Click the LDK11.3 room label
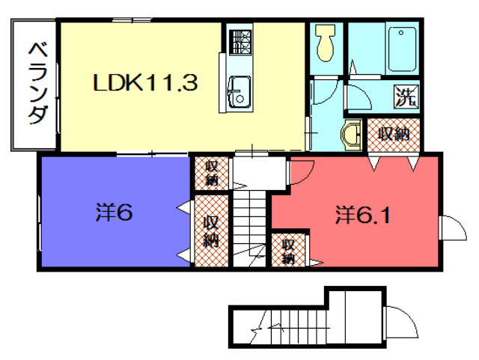click(x=145, y=82)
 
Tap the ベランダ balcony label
click(x=38, y=83)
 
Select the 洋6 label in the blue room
click(x=114, y=213)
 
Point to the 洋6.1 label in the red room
click(x=363, y=215)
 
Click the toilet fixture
click(x=326, y=43)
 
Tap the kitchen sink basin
click(x=239, y=91)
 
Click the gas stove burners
click(x=240, y=43)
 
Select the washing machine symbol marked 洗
click(x=406, y=96)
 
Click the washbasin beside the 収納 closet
click(x=351, y=135)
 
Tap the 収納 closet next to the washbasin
click(x=394, y=135)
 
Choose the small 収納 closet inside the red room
click(x=288, y=250)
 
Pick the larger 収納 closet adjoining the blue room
click(x=211, y=231)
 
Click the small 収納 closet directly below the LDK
click(x=211, y=173)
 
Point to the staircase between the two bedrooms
click(x=249, y=228)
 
